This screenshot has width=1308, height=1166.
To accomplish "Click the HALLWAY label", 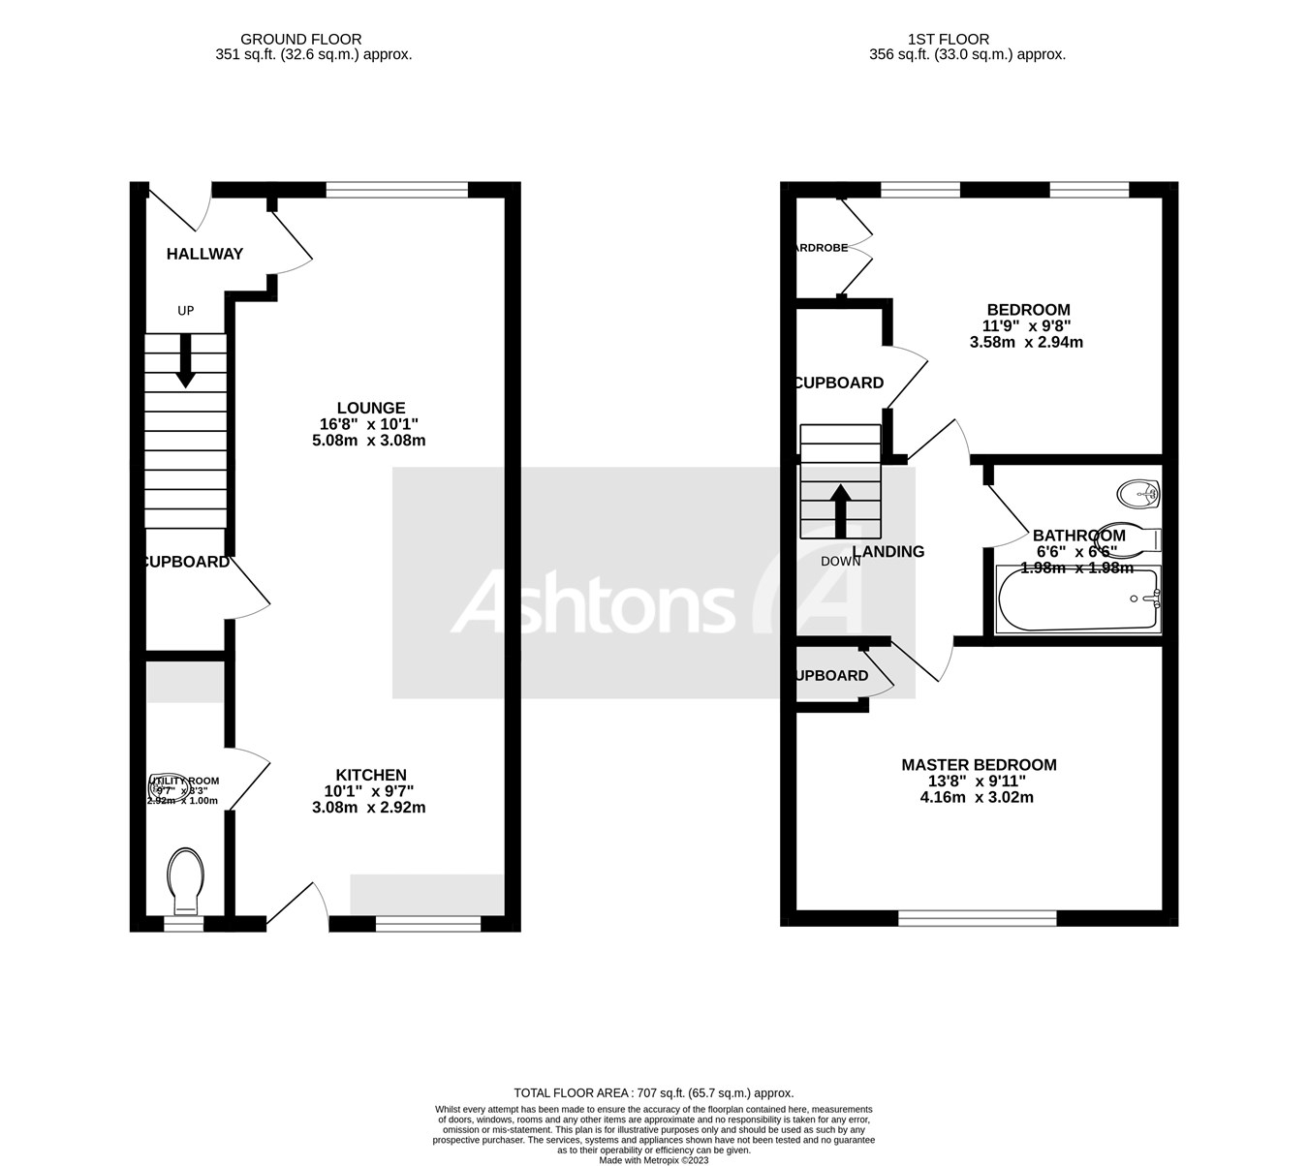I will tap(204, 254).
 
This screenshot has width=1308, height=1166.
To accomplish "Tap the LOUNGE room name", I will tap(370, 408).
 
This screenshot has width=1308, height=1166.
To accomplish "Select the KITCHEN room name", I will tap(370, 775).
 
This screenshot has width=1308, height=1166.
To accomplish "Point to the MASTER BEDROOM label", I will tap(979, 765).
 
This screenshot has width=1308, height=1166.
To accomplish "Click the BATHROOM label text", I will tap(1078, 536).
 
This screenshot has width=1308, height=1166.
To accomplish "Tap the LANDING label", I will tap(888, 552).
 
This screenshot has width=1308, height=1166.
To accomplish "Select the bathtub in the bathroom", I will tap(1077, 600).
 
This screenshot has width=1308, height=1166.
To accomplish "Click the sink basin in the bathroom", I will tap(1138, 494).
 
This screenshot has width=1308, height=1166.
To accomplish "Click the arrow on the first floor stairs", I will tap(840, 509).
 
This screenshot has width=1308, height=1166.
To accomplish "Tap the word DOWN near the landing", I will tap(840, 562).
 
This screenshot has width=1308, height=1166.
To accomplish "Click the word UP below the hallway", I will tap(185, 311).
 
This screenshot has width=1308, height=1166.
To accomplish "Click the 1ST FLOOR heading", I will tap(948, 40).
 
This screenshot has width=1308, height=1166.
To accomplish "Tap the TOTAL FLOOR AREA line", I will tap(653, 1092).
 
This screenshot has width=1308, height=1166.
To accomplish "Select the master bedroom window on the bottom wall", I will tap(977, 917).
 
